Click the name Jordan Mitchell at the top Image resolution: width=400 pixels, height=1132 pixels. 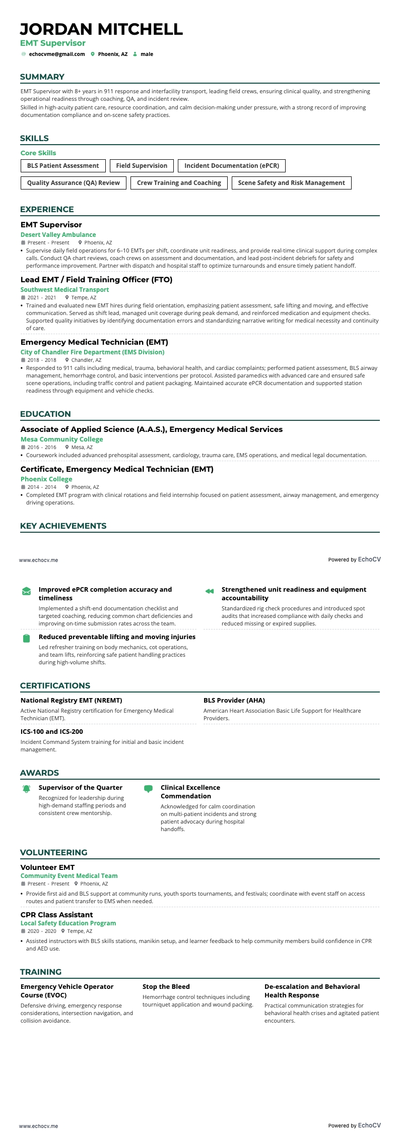[x=101, y=29]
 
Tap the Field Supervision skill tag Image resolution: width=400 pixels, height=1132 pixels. [x=142, y=166]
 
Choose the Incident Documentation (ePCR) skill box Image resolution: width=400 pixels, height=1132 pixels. [x=232, y=166]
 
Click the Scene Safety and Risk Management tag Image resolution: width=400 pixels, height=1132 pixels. [x=291, y=183]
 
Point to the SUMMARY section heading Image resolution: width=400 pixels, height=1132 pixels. [x=42, y=77]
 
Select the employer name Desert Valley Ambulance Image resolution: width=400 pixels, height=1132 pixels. [x=58, y=235]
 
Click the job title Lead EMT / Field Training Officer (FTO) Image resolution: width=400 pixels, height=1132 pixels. [x=96, y=280]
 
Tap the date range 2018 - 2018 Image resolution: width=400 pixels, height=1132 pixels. [x=42, y=360]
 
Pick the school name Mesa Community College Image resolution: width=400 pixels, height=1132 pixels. [x=61, y=439]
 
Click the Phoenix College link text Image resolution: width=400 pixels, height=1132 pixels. [x=46, y=479]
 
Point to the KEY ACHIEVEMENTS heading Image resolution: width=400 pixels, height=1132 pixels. [x=63, y=526]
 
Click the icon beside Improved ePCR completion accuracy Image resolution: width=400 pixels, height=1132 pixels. [x=26, y=591]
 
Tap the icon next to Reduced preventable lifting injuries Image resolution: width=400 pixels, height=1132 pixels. [x=26, y=639]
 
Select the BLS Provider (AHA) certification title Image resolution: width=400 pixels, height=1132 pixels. [x=234, y=701]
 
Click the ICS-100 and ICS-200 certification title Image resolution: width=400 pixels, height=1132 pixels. [x=51, y=732]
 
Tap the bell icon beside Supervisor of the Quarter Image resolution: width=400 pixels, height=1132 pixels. [x=26, y=789]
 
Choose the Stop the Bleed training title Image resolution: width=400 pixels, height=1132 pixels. [x=166, y=987]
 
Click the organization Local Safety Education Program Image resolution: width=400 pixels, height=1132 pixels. [x=68, y=923]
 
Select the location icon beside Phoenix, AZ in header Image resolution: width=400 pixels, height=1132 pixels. [x=93, y=54]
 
